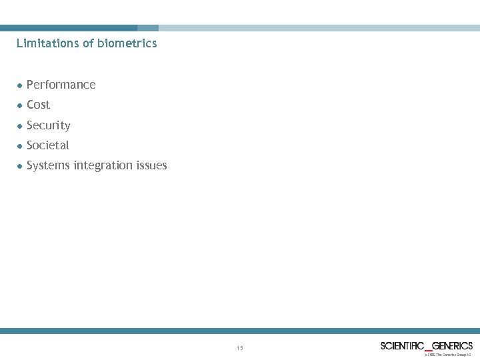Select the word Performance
coord(61,85)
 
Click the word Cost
coord(39,105)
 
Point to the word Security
coord(49,125)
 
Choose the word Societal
coord(48,145)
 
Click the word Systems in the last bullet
coord(48,165)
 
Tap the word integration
coord(103,165)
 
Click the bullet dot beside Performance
coord(20,85)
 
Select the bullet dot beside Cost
coord(20,105)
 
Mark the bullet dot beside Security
coord(20,125)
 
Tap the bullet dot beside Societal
coord(20,145)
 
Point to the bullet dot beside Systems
coord(20,165)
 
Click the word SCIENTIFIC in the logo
coord(402,345)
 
